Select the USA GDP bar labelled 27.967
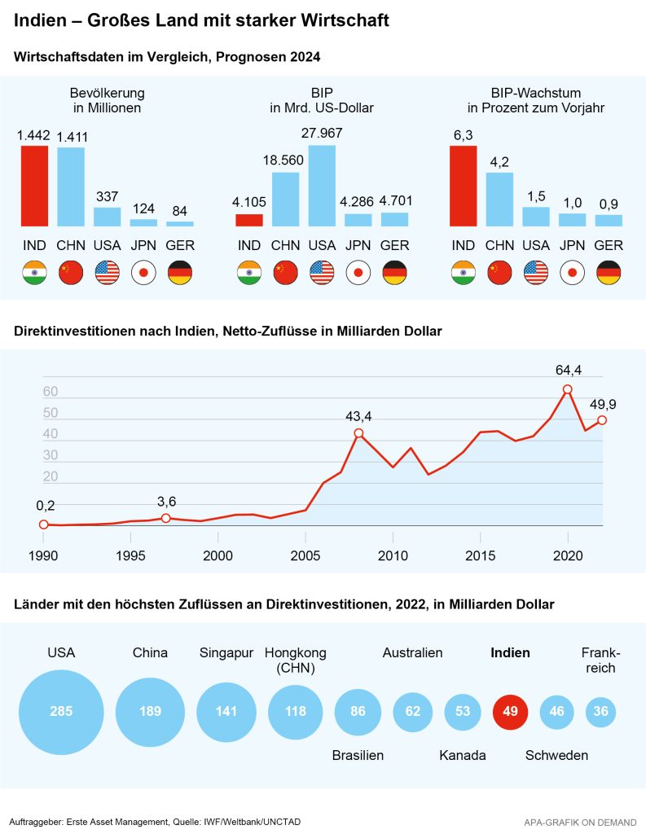pos(323,186)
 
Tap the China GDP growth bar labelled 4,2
pos(499,199)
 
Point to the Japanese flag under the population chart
pos(143,273)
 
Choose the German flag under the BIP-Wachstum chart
pos(609,273)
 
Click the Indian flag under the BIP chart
pos(249,273)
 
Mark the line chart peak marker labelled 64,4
pos(568,389)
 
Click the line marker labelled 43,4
pos(358,433)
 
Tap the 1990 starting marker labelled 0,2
pos(44,525)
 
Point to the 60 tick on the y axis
pos(50,392)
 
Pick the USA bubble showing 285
pos(61,711)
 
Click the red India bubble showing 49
pos(511,711)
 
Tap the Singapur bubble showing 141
pos(226,711)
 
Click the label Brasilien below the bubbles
pos(358,755)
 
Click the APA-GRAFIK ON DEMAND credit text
pos(579,822)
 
